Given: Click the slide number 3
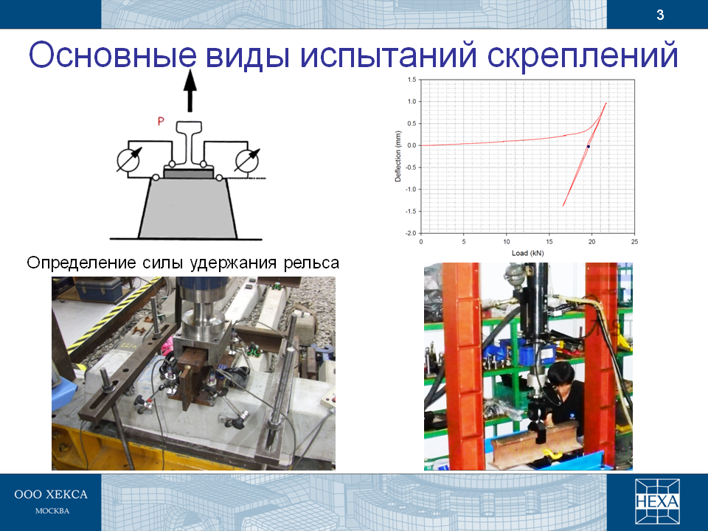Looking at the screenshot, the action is [660, 15].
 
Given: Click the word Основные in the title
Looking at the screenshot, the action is [113, 55].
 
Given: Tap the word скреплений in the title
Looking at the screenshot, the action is [583, 55].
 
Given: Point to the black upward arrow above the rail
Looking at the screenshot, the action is [190, 90].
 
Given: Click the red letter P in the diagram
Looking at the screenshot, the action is [161, 122].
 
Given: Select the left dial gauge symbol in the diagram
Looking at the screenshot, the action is [128, 160].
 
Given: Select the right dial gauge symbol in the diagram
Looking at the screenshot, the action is [247, 160].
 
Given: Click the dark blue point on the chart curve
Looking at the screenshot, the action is [589, 147].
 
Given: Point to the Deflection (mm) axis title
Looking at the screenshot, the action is [398, 156].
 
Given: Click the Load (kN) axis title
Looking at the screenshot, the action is [527, 253].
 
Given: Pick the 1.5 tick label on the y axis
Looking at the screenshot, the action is [412, 80].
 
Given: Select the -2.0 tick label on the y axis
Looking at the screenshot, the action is [411, 233].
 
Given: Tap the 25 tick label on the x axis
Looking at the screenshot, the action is [634, 242].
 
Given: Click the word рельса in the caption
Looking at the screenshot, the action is [311, 263].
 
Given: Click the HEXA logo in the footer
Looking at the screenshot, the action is [657, 502].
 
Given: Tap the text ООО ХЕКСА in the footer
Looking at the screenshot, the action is [51, 494].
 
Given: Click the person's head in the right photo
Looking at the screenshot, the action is [560, 374].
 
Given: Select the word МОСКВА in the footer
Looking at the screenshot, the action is [52, 511].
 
